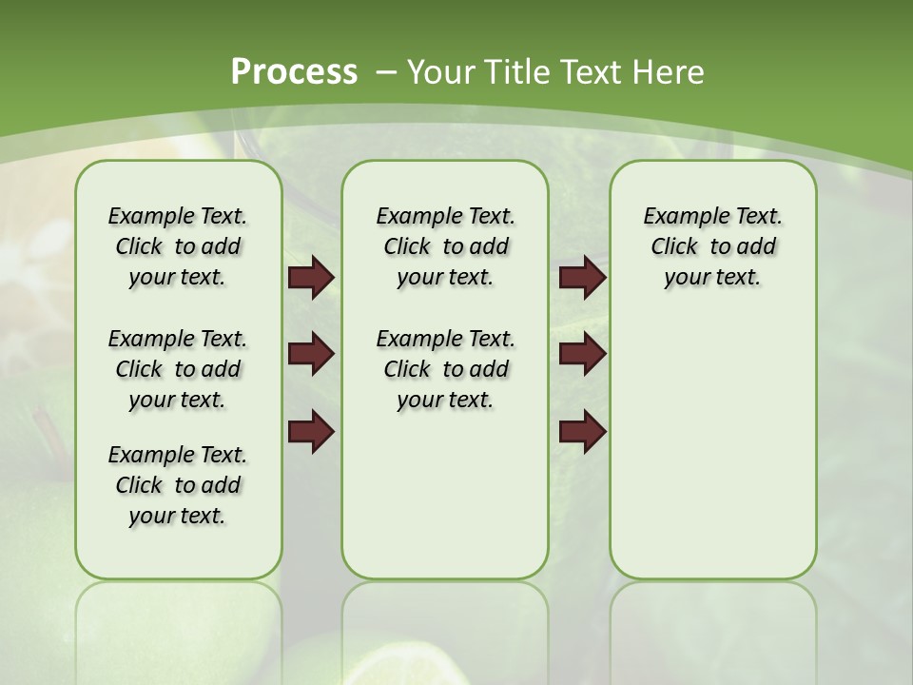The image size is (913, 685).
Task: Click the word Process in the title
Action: tap(294, 72)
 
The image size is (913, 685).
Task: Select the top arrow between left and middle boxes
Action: tap(311, 278)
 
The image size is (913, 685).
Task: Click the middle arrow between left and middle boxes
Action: tap(311, 355)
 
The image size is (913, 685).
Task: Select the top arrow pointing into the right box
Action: tap(582, 278)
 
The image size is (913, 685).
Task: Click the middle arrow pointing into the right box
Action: tap(582, 355)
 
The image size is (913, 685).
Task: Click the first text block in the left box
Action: tap(178, 246)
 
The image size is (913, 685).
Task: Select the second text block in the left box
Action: tap(178, 369)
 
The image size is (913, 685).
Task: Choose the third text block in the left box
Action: tap(178, 485)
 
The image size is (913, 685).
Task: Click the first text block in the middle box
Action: tap(445, 246)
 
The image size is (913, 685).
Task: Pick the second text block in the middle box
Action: tap(445, 369)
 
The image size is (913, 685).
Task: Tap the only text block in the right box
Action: tap(712, 246)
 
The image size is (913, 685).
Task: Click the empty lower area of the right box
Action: tap(712, 447)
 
